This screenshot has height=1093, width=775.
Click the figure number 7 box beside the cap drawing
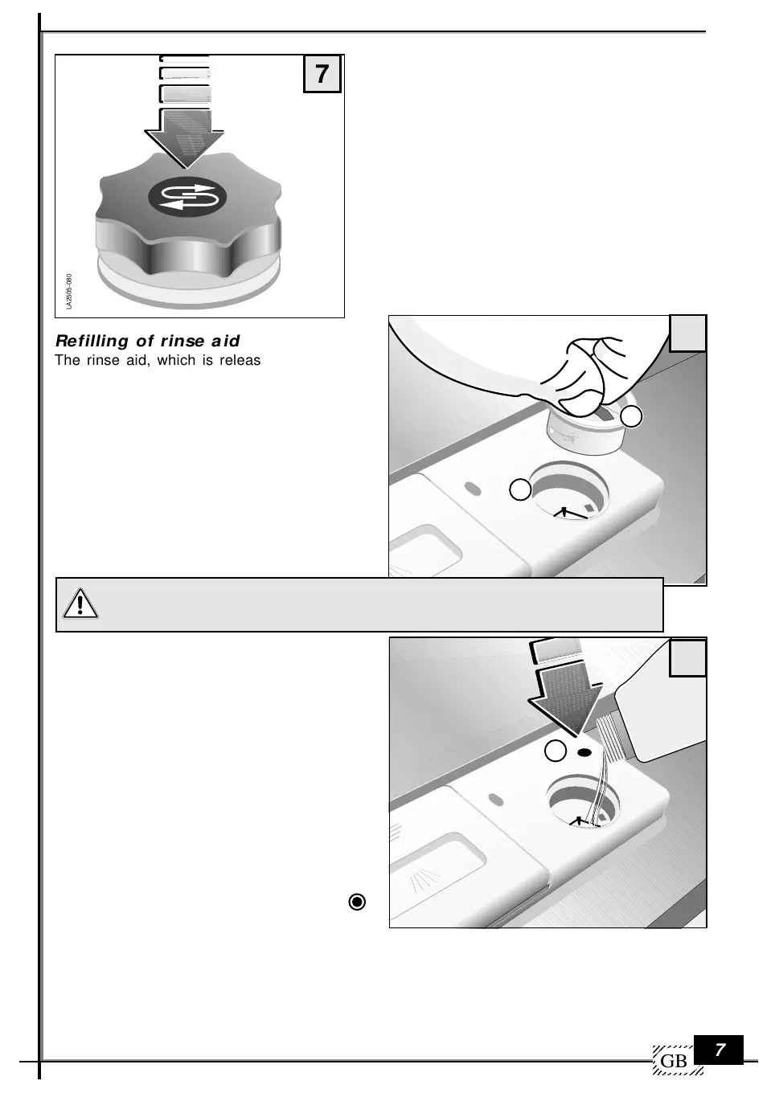click(x=322, y=74)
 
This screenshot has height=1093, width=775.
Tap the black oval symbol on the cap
click(x=187, y=196)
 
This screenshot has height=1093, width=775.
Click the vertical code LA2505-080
click(x=69, y=291)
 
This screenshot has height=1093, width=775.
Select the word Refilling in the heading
click(x=92, y=341)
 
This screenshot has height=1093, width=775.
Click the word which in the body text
click(x=176, y=360)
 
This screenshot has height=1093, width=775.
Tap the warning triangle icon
click(x=80, y=604)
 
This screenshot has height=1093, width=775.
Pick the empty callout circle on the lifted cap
click(x=631, y=416)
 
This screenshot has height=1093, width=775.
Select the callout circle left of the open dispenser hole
click(x=520, y=489)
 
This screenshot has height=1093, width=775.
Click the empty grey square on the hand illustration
click(x=687, y=334)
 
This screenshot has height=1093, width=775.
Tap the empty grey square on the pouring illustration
click(x=687, y=658)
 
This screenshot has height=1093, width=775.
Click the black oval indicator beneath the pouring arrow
click(x=584, y=753)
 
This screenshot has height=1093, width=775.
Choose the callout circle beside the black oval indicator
click(x=556, y=751)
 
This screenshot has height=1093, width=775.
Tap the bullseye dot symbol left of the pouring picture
click(x=357, y=903)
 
